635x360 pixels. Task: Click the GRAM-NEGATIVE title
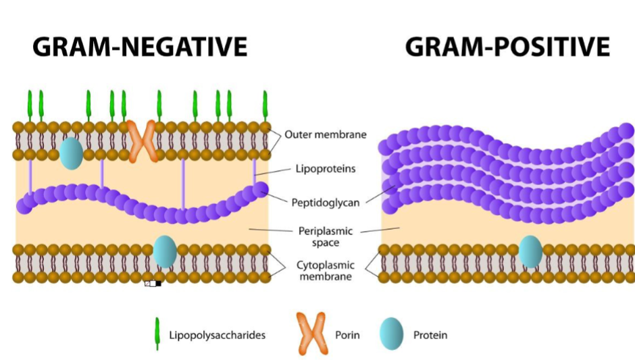(140, 47)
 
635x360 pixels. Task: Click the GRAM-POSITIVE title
(507, 47)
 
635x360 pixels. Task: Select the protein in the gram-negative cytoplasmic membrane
(165, 251)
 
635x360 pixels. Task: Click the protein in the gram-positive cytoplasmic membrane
(530, 251)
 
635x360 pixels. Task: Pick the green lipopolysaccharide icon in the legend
(157, 334)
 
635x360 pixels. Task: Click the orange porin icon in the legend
(311, 334)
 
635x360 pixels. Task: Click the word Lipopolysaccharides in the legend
(217, 335)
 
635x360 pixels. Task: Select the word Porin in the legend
(347, 335)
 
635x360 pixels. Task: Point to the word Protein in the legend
(430, 335)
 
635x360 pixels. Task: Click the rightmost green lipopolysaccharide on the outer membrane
(265, 105)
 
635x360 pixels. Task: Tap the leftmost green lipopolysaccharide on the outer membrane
(30, 105)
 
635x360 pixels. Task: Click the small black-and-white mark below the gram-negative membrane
(153, 283)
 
